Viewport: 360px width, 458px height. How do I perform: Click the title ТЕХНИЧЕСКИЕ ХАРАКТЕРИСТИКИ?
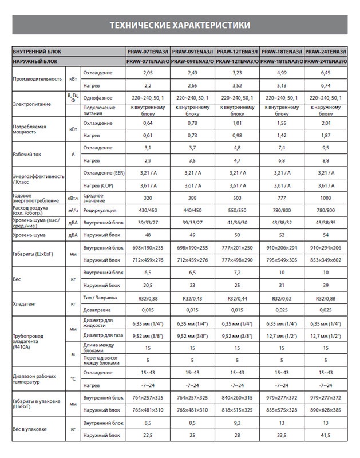click(x=180, y=26)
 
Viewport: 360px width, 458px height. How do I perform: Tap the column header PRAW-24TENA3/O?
click(x=326, y=60)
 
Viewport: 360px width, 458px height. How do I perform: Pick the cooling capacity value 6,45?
click(x=326, y=73)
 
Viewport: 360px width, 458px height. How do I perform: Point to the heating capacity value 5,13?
click(x=282, y=85)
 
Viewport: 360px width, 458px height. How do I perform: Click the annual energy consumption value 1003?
click(x=326, y=198)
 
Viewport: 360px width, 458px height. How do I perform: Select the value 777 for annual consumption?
click(x=282, y=198)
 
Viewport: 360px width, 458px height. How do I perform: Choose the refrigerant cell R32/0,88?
click(x=326, y=298)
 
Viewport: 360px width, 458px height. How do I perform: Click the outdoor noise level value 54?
click(x=326, y=235)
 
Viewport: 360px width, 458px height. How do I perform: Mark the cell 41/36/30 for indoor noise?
click(x=238, y=222)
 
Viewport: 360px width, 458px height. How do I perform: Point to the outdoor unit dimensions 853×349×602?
click(x=326, y=260)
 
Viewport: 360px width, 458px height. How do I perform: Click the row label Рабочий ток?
click(x=27, y=154)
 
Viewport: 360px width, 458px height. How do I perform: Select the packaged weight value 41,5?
click(x=326, y=435)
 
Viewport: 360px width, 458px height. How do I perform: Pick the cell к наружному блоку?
click(x=326, y=110)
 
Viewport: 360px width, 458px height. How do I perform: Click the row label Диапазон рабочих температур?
click(x=34, y=378)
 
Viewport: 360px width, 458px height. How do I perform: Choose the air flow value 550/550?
click(x=238, y=210)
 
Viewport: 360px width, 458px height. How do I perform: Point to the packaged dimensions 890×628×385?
click(x=326, y=409)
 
